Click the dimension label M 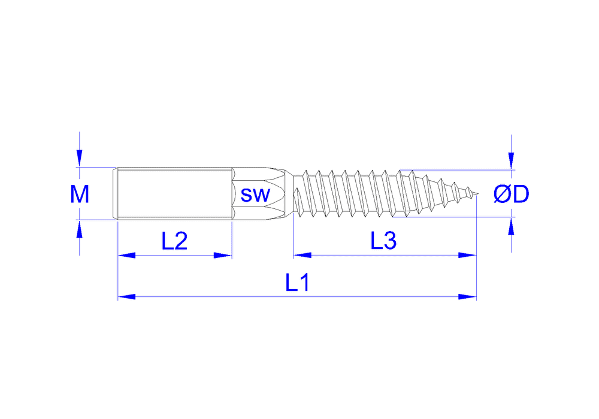80,194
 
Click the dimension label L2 174,241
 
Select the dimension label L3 383,241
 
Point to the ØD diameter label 511,194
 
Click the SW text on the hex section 255,195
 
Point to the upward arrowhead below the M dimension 80,229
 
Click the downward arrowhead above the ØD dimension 510,160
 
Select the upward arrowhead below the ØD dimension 510,226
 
